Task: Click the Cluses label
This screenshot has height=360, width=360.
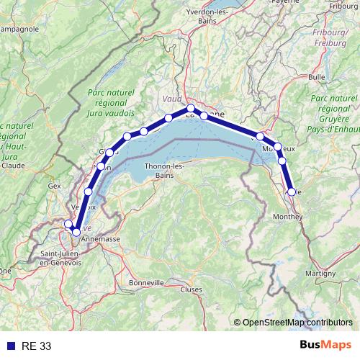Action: click(x=192, y=289)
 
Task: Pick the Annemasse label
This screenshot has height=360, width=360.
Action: click(x=100, y=238)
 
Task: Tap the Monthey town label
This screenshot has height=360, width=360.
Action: click(x=288, y=216)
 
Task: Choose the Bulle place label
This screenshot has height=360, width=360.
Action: click(x=317, y=76)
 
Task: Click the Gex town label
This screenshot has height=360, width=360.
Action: click(x=55, y=185)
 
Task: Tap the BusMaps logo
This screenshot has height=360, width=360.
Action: click(x=325, y=346)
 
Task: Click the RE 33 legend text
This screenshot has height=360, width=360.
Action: click(x=36, y=346)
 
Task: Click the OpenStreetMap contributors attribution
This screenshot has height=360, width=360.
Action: click(x=297, y=323)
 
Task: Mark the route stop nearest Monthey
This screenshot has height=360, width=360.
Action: click(x=292, y=192)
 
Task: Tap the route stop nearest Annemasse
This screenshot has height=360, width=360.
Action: click(x=76, y=232)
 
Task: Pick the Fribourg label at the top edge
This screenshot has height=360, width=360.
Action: click(x=344, y=6)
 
